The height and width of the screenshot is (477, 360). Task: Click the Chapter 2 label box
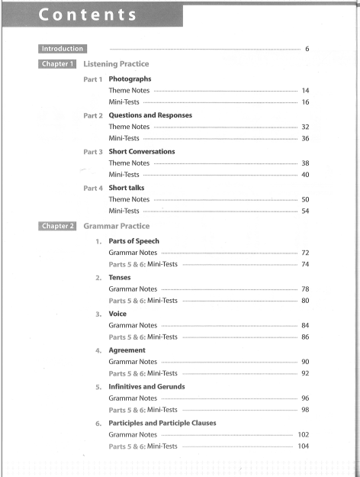[53, 226]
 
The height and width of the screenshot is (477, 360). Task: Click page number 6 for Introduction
[307, 50]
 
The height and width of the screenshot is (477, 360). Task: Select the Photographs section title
[130, 79]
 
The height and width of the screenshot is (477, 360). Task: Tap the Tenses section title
[122, 278]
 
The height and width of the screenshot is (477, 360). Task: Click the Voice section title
[119, 314]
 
